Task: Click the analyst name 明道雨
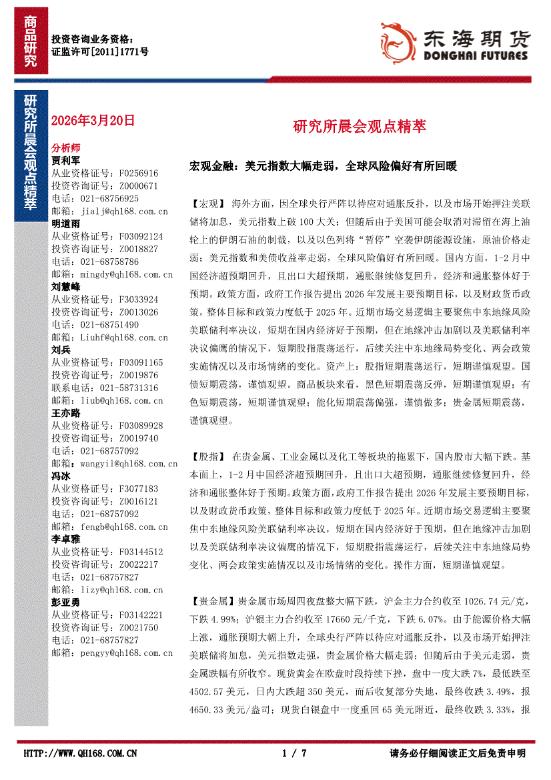pyautogui.click(x=66, y=224)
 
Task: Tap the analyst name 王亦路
pyautogui.click(x=66, y=412)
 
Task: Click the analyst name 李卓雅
pyautogui.click(x=66, y=538)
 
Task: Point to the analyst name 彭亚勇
pyautogui.click(x=66, y=602)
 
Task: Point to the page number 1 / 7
pyautogui.click(x=294, y=753)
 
